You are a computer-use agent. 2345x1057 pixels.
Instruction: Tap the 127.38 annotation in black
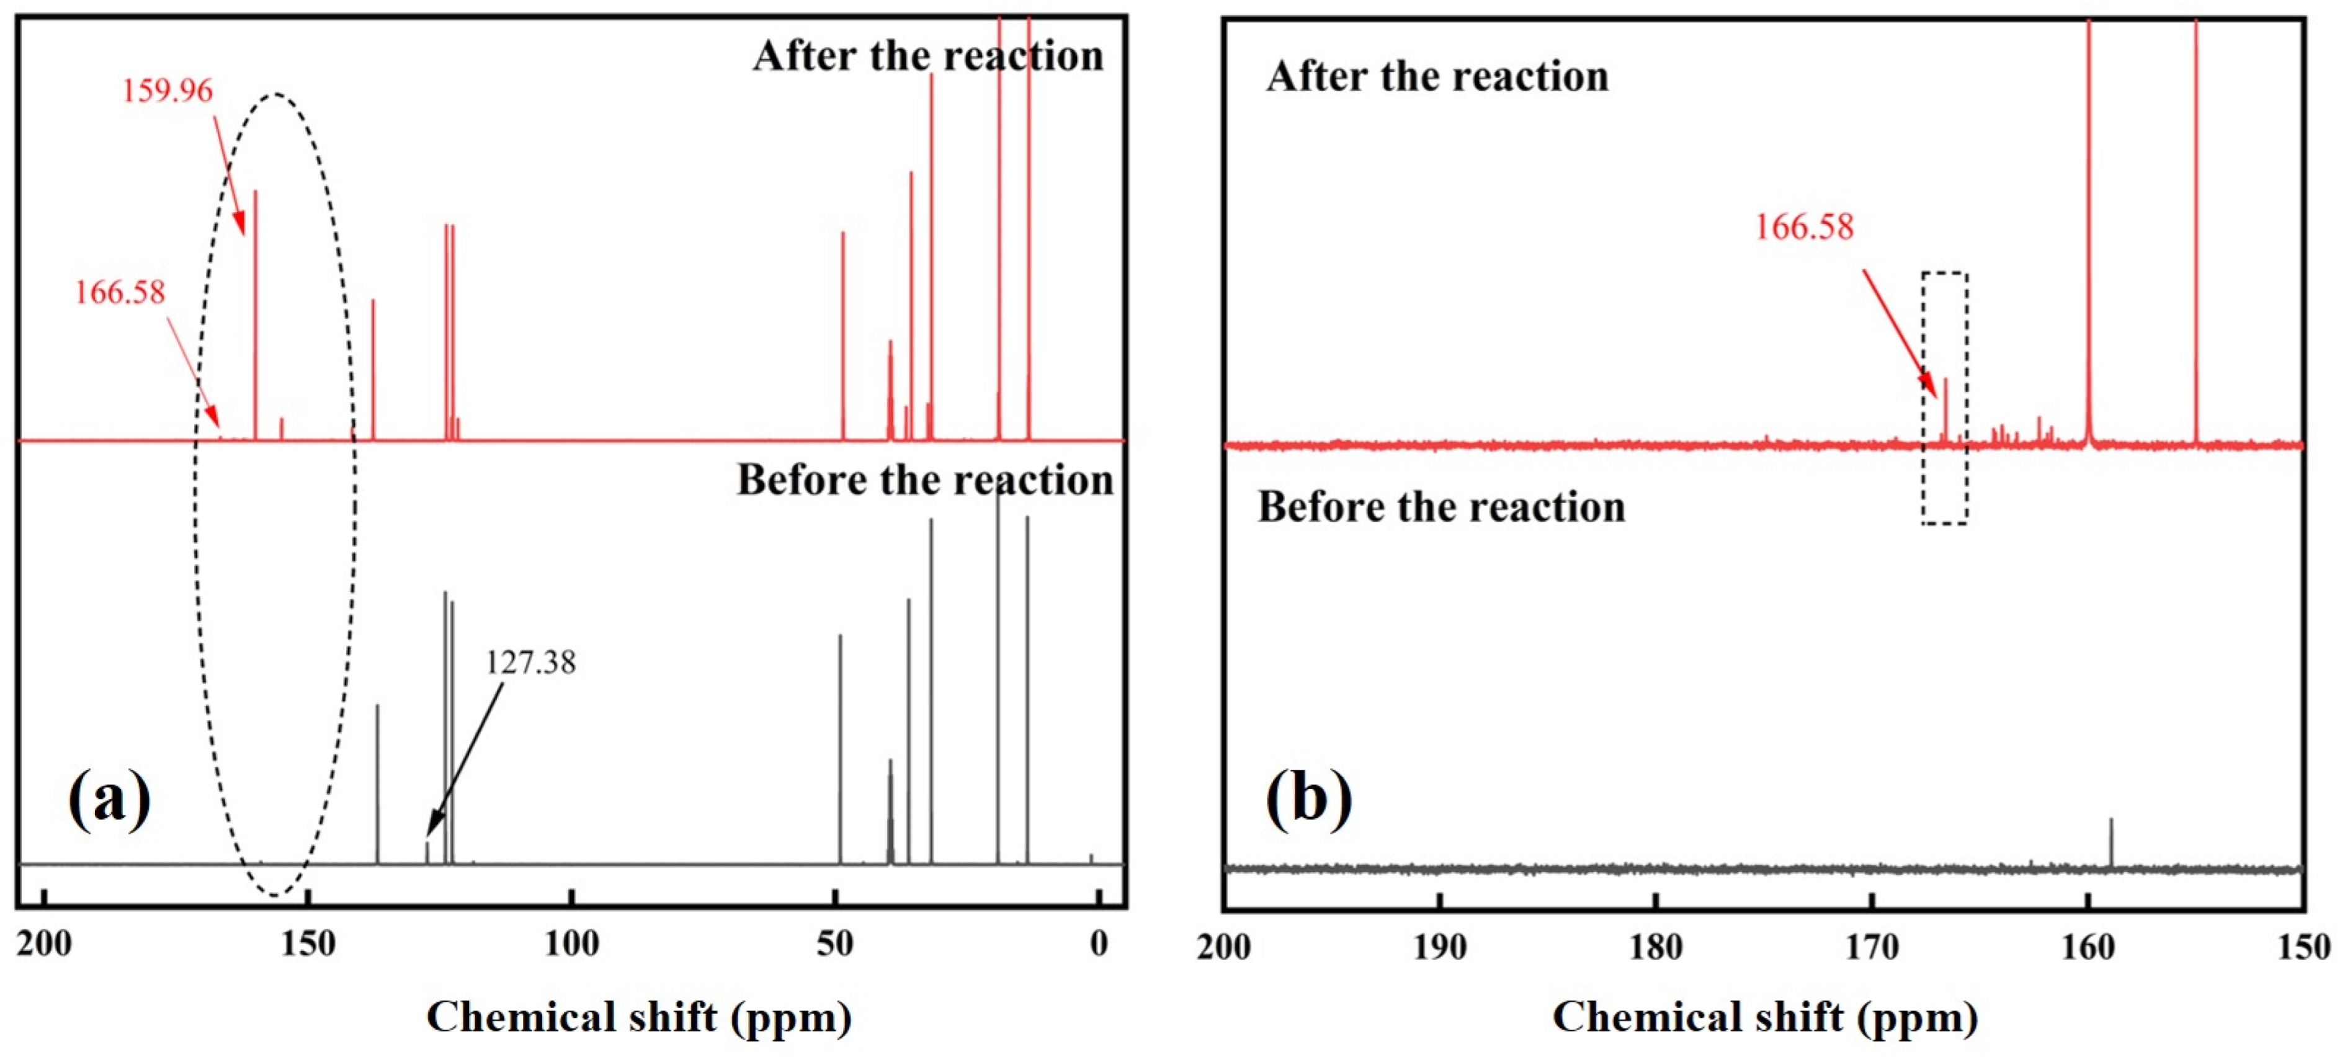(x=530, y=662)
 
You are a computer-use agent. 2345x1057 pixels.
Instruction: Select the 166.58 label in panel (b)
(x=1803, y=226)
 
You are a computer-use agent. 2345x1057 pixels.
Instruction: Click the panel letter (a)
(x=109, y=798)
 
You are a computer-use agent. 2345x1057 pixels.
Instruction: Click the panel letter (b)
(x=1308, y=798)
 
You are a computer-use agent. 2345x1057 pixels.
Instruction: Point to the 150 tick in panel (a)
(x=308, y=944)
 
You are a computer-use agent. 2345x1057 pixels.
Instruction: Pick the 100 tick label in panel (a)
(x=571, y=944)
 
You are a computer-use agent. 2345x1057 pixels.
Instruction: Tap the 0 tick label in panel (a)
(x=1099, y=944)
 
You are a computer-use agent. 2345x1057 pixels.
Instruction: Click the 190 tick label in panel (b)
(x=1439, y=948)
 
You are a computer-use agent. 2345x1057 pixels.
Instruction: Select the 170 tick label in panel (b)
(x=1872, y=948)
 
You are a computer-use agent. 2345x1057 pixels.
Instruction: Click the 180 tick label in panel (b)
(x=1655, y=948)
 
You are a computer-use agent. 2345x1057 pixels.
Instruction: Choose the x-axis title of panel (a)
(x=639, y=1017)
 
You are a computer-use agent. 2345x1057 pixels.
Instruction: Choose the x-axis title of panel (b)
(x=1764, y=1017)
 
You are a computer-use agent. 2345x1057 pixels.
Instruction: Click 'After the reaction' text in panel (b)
(x=1437, y=76)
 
